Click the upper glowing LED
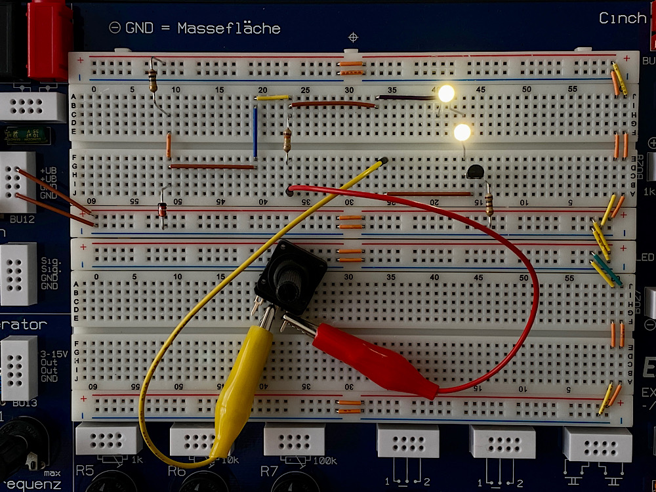pyautogui.click(x=446, y=94)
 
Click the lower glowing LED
pyautogui.click(x=462, y=133)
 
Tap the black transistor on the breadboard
pyautogui.click(x=476, y=172)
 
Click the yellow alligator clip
pyautogui.click(x=239, y=387)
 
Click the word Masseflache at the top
pyautogui.click(x=229, y=28)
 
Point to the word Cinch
pyautogui.click(x=623, y=18)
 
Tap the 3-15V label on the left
pyautogui.click(x=54, y=354)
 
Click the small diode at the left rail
pyautogui.click(x=162, y=209)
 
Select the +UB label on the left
pyautogui.click(x=48, y=171)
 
